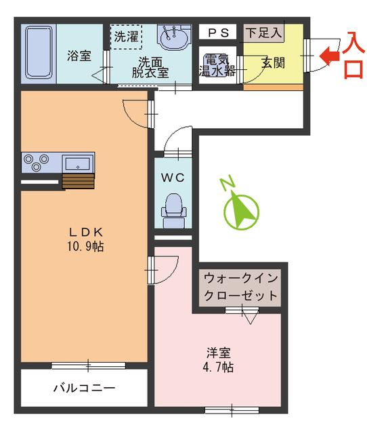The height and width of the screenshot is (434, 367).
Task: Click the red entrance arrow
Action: [329, 56]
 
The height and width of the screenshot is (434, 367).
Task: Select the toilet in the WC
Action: [174, 206]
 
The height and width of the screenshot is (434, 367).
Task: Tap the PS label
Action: [217, 32]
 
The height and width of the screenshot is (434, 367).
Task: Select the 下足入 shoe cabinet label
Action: [263, 32]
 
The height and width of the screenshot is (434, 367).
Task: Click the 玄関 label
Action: [272, 63]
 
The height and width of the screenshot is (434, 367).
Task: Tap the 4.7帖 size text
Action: [219, 368]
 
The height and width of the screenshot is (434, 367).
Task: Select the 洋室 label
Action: [219, 353]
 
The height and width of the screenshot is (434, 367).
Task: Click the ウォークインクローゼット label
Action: [241, 287]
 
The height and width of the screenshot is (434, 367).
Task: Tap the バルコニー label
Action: [84, 389]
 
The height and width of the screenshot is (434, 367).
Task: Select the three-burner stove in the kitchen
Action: [38, 162]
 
